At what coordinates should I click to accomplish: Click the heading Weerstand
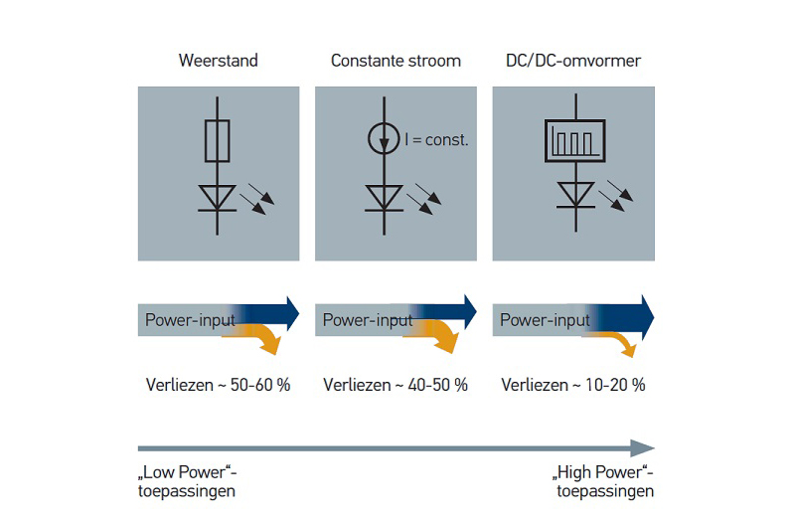[x=218, y=61]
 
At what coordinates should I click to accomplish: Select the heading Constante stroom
[x=396, y=61]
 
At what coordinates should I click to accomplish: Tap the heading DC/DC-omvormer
[x=573, y=61]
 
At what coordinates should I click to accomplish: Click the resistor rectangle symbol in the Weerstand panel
[x=219, y=140]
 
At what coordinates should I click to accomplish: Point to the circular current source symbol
[x=385, y=140]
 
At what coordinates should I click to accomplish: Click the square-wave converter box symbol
[x=573, y=140]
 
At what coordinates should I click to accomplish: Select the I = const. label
[x=436, y=141]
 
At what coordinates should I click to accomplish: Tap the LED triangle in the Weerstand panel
[x=219, y=196]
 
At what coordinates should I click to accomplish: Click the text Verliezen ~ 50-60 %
[x=218, y=384]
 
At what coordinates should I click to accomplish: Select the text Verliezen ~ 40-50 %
[x=396, y=384]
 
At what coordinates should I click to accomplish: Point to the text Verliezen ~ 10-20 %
[x=573, y=384]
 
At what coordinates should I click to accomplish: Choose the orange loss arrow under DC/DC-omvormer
[x=621, y=342]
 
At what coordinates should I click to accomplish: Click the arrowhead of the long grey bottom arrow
[x=643, y=448]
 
